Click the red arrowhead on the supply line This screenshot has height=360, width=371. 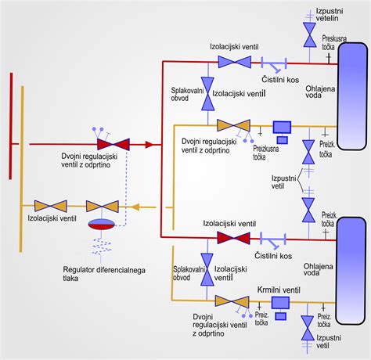(x=149, y=145)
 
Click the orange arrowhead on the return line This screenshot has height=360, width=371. (x=135, y=207)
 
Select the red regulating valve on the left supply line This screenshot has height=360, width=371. (x=113, y=144)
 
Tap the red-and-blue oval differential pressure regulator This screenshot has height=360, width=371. (x=102, y=224)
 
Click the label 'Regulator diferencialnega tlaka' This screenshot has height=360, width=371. (x=104, y=274)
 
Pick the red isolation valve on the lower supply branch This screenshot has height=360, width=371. (x=233, y=238)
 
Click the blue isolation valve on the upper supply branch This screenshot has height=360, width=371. (x=235, y=62)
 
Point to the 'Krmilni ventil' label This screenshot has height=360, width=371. (x=279, y=290)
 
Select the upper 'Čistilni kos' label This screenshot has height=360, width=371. (x=280, y=80)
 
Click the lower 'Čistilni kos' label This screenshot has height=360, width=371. (x=273, y=256)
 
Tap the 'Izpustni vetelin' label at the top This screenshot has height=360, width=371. (x=330, y=15)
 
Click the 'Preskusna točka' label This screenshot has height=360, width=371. (x=334, y=42)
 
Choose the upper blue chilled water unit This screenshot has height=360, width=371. (x=353, y=96)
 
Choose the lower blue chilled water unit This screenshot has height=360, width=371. (x=351, y=271)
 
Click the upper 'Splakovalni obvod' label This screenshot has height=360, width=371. (x=187, y=94)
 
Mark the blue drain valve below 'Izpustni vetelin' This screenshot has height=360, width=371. (x=310, y=34)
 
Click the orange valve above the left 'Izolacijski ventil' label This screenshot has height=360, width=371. (x=51, y=206)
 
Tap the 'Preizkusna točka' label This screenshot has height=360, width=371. (x=266, y=153)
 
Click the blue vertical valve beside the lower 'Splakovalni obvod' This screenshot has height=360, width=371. (x=207, y=269)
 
